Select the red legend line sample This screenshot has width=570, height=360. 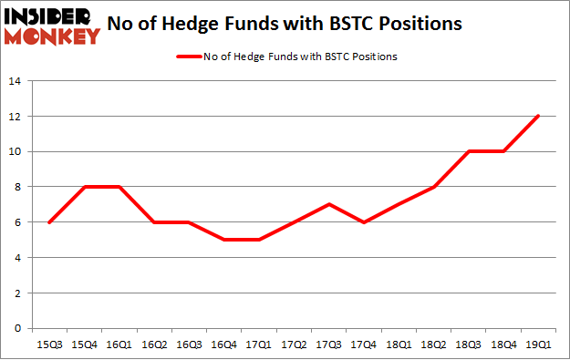pos(195,57)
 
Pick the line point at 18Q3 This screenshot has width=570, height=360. pos(469,151)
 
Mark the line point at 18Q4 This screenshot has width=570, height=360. pos(504,151)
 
